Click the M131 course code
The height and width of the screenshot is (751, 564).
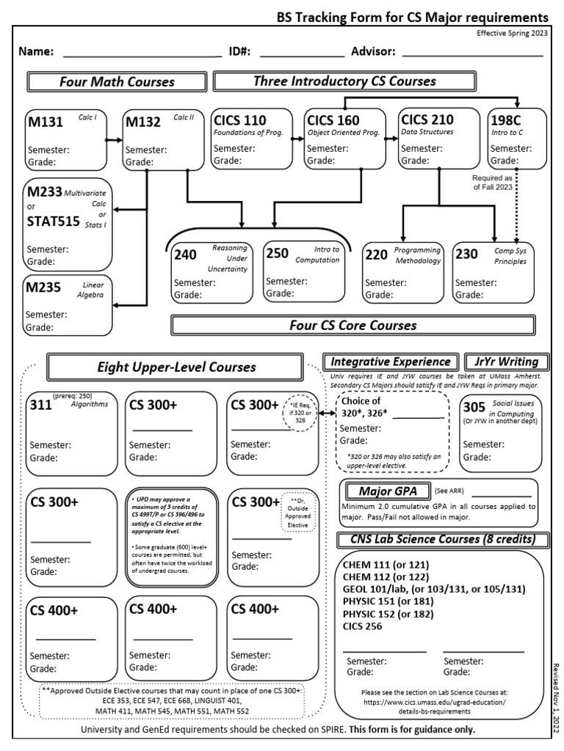[46, 121]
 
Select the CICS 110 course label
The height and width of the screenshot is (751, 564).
[239, 120]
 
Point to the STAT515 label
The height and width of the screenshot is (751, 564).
[53, 221]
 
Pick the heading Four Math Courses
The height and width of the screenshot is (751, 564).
[117, 81]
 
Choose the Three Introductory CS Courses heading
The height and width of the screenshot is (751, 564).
[344, 81]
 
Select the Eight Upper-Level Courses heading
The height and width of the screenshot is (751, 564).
[175, 367]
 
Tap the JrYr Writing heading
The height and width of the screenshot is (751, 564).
[506, 362]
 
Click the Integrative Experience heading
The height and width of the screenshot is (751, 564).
[391, 362]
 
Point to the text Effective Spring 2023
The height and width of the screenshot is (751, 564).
[511, 33]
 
